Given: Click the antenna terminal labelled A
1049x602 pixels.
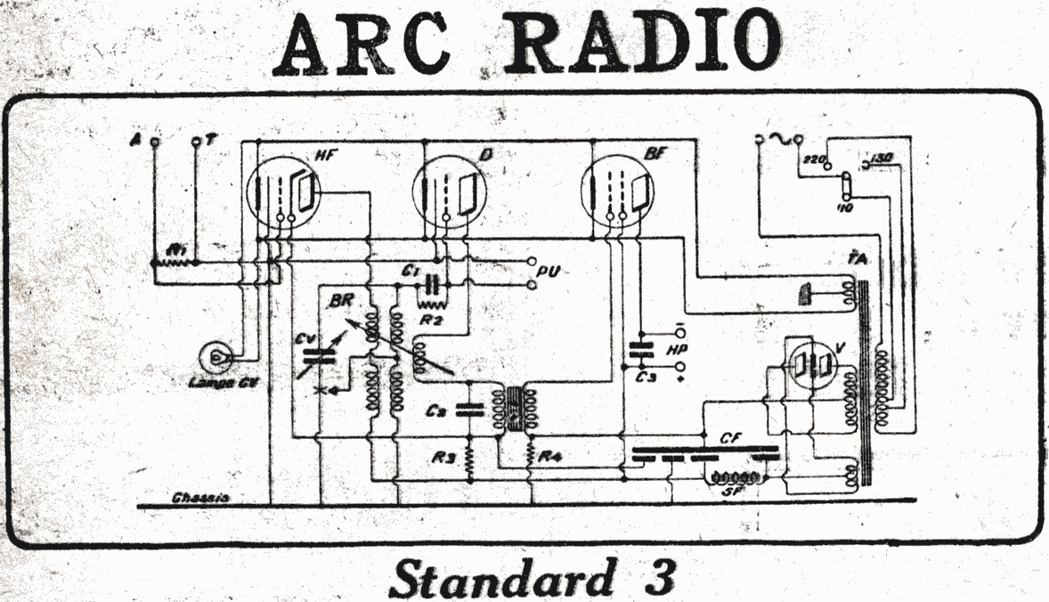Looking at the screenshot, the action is (154, 142).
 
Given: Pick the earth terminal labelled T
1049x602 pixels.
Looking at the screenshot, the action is (196, 142).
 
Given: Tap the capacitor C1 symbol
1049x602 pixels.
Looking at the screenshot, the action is (434, 285).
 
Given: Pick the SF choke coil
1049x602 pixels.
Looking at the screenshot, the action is (734, 478).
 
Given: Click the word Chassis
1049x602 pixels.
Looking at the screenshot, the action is (201, 497).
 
